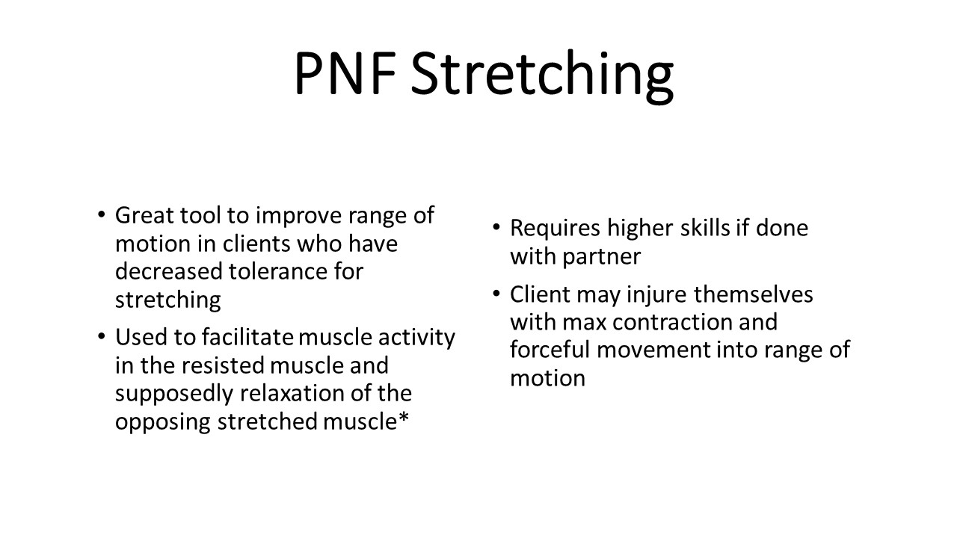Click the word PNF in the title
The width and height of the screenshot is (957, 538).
tap(345, 73)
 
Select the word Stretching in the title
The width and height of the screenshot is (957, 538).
tap(542, 77)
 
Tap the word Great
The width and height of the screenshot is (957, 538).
tap(144, 215)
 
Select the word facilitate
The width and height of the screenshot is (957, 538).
tap(247, 337)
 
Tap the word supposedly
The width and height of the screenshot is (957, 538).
tap(174, 395)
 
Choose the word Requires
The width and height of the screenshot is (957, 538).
tap(555, 229)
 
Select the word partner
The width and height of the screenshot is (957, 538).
tap(602, 258)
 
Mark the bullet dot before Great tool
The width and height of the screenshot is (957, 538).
tap(101, 214)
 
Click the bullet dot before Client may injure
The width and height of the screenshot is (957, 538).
tap(496, 294)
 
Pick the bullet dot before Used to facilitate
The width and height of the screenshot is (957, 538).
tap(101, 336)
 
